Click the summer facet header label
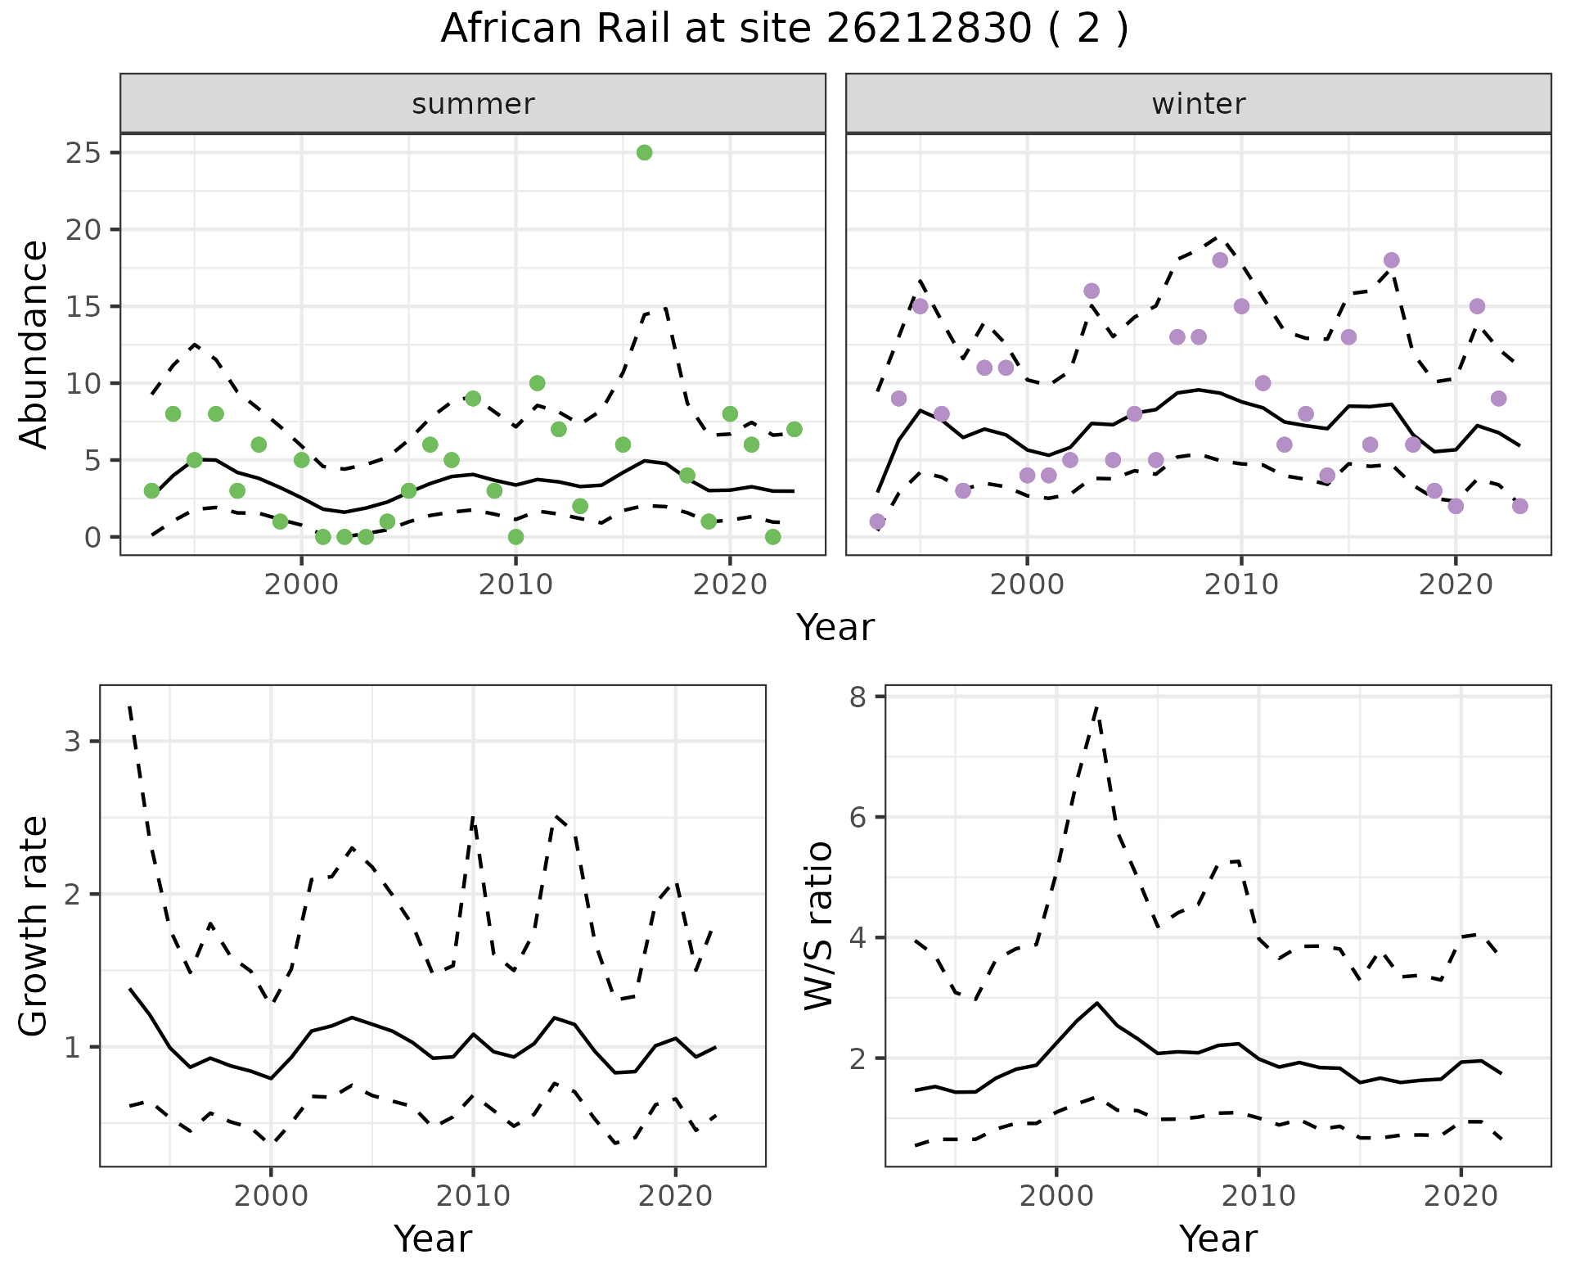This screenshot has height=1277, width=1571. (x=473, y=104)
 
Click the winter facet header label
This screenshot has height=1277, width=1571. (x=1198, y=104)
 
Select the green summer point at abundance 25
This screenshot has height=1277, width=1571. (x=644, y=152)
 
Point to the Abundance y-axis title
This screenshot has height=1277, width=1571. (x=34, y=344)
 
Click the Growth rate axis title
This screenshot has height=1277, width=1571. (x=34, y=926)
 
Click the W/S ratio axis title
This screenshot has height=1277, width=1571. (x=819, y=926)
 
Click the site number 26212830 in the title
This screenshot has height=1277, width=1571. (x=928, y=29)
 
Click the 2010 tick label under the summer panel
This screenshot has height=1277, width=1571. (x=515, y=585)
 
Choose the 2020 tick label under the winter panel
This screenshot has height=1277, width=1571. (x=1456, y=585)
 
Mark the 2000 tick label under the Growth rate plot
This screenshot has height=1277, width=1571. (x=271, y=1196)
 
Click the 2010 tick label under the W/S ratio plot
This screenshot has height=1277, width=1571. (x=1258, y=1196)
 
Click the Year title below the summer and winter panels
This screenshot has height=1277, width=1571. (x=835, y=628)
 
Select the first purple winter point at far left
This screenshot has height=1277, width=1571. (x=877, y=521)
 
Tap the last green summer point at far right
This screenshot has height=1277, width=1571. (x=794, y=429)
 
